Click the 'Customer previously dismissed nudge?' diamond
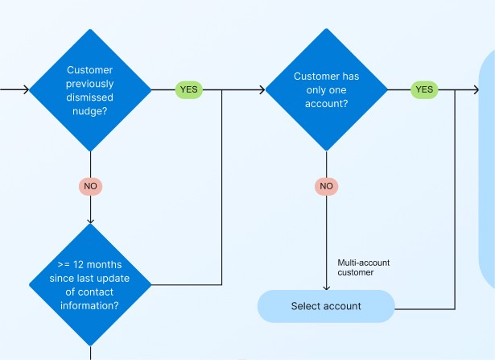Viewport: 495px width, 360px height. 90,89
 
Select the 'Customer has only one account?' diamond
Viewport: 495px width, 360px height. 326,89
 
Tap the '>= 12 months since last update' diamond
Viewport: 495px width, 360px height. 90,283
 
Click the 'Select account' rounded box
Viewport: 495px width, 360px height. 326,306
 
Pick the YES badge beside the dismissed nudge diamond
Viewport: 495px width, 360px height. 189,89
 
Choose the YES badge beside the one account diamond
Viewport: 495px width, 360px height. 424,89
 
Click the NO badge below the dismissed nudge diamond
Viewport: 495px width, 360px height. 90,186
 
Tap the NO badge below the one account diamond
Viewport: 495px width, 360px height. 326,186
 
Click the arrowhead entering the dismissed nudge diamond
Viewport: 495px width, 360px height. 27,89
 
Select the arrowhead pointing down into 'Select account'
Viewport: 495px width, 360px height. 326,287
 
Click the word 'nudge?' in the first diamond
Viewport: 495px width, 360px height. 90,111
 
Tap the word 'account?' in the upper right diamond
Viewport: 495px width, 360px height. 326,104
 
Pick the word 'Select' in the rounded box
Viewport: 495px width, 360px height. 306,306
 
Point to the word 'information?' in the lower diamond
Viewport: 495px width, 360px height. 90,306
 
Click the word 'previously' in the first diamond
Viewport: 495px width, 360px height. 90,84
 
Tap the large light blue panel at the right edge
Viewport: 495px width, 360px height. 488,169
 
